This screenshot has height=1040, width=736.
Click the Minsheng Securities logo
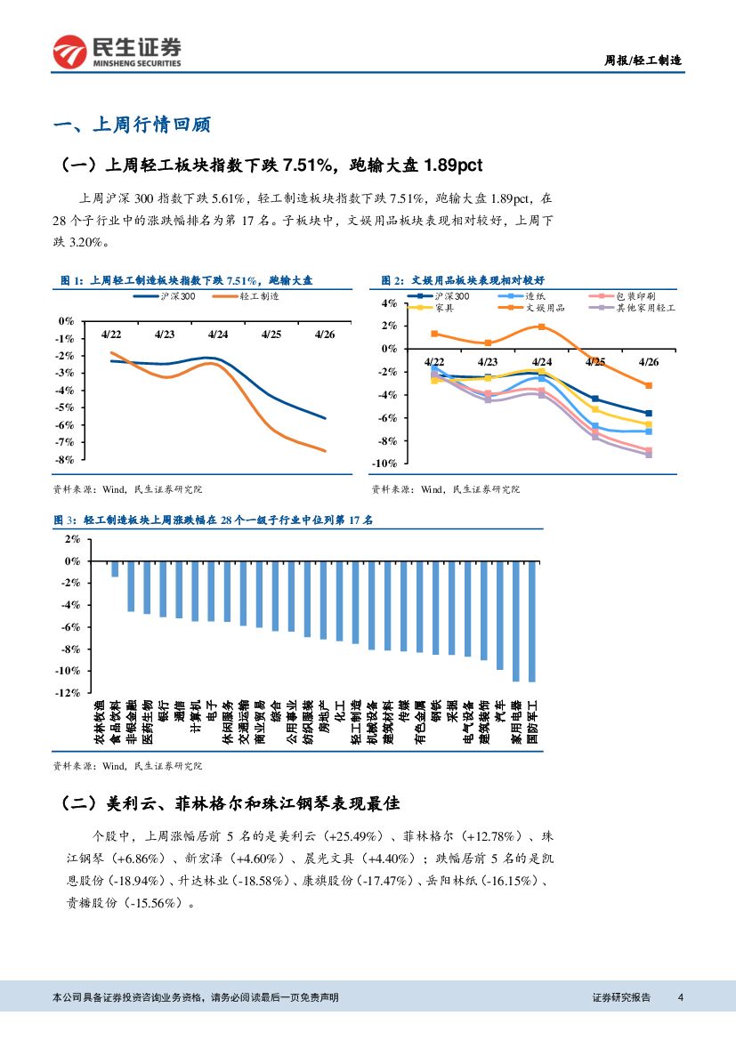click(117, 52)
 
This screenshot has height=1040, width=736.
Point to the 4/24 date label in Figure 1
click(218, 335)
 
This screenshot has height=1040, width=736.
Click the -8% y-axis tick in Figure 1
click(64, 460)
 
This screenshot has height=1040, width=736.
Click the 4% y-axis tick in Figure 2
click(389, 303)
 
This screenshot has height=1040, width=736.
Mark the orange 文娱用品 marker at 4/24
click(541, 327)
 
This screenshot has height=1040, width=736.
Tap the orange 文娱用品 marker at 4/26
click(649, 385)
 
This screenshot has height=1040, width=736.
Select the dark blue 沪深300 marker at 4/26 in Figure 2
click(649, 413)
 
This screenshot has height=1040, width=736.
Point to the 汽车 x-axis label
click(500, 712)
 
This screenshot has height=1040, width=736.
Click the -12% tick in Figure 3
click(69, 692)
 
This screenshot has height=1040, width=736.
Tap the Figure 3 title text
click(214, 520)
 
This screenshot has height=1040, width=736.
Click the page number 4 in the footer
click(680, 997)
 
